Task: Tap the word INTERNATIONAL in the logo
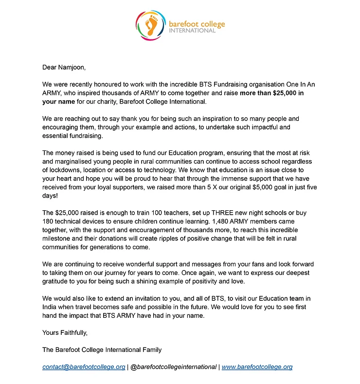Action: point(192,30)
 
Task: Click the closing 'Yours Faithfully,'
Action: point(65,332)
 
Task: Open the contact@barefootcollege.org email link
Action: point(84,366)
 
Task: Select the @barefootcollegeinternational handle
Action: point(173,366)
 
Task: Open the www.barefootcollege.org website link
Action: point(257,366)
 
